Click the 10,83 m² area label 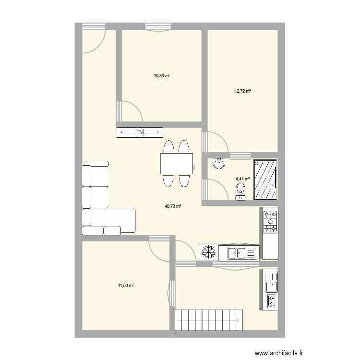click(x=162, y=75)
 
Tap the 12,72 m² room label click(x=243, y=91)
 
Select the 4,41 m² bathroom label click(x=243, y=179)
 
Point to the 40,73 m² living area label click(x=173, y=206)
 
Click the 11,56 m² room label click(x=126, y=286)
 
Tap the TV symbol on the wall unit click(x=140, y=132)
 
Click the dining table click(x=177, y=164)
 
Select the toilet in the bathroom click(x=240, y=191)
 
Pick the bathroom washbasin click(x=219, y=163)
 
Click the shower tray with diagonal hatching click(x=265, y=180)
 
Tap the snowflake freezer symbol click(x=209, y=252)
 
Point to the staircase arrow click(x=208, y=320)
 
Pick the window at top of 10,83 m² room click(x=158, y=27)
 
